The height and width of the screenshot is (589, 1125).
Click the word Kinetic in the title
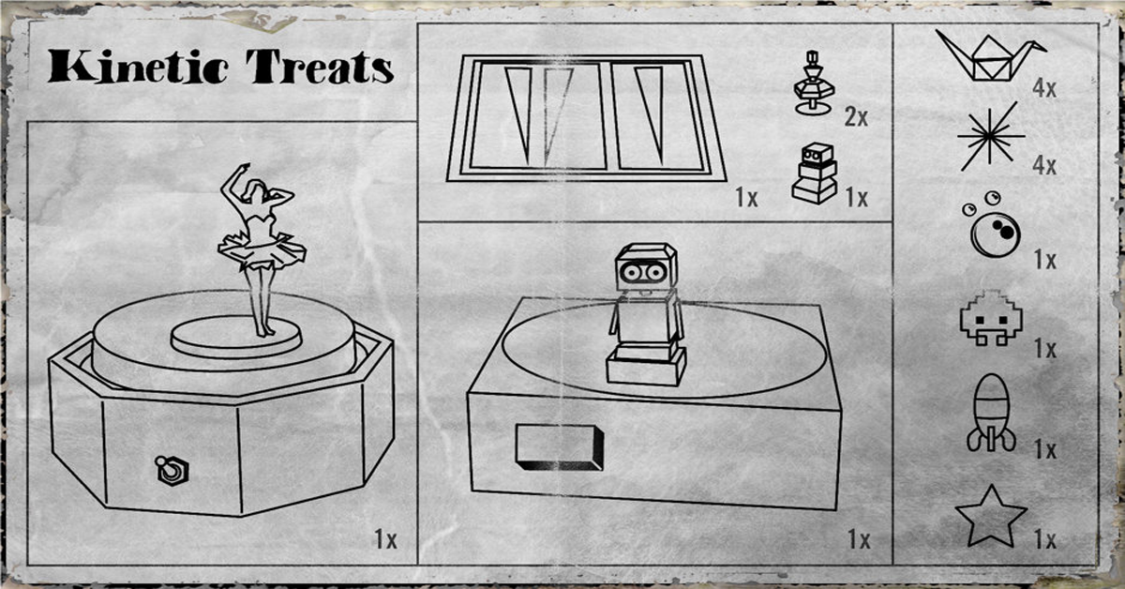click(138, 67)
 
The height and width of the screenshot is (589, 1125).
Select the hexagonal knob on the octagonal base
click(172, 470)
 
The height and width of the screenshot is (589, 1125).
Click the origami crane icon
click(990, 56)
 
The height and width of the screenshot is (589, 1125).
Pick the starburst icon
click(990, 136)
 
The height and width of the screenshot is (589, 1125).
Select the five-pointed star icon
click(991, 517)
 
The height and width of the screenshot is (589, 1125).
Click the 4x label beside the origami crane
click(1044, 89)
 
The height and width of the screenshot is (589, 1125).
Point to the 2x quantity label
click(856, 117)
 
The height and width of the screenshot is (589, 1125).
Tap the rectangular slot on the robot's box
click(560, 447)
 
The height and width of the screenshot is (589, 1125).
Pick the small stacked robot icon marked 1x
click(815, 173)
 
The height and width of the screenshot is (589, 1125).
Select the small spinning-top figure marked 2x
click(814, 83)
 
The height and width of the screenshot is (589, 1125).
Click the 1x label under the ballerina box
click(385, 539)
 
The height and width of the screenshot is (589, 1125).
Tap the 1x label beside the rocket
click(1044, 449)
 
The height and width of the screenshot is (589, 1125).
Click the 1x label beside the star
click(1044, 539)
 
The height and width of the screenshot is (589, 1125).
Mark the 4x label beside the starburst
click(1044, 166)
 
